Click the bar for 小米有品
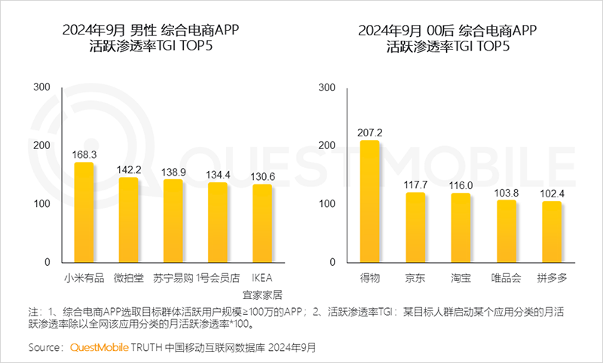point(84,212)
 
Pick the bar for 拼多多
point(551,232)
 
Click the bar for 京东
point(415,227)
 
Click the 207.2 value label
point(370,133)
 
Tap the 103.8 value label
point(506,193)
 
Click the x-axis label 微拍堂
point(129,277)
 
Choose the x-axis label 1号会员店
point(218,277)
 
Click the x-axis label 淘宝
point(461,277)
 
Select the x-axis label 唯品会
point(506,277)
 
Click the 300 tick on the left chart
point(42,87)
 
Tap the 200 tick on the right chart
point(327,145)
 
